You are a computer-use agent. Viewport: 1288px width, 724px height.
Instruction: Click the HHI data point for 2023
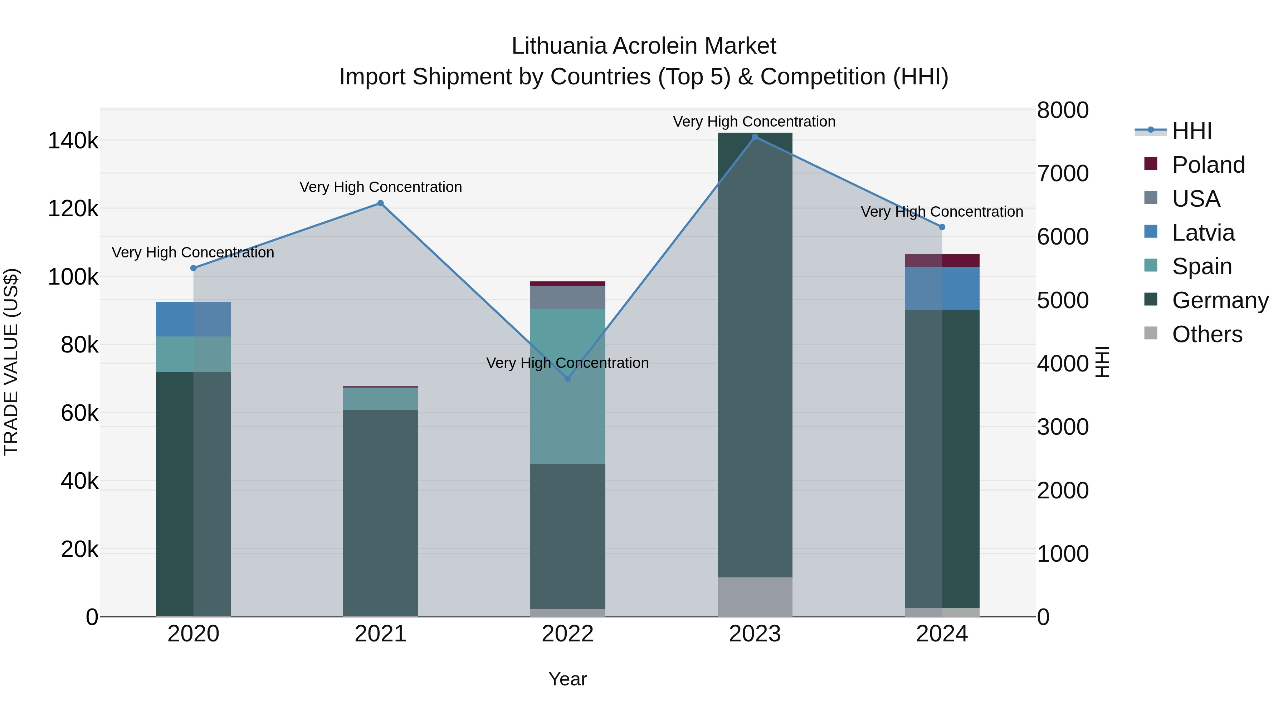click(755, 137)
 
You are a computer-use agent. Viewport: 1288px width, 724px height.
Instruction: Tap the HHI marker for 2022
click(567, 379)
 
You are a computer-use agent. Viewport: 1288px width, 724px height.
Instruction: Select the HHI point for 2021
click(381, 203)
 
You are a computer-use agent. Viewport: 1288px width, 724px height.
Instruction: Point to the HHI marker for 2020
click(194, 268)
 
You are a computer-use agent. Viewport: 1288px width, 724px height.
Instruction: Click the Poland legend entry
click(1208, 165)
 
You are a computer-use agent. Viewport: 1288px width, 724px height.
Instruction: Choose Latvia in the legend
click(1203, 233)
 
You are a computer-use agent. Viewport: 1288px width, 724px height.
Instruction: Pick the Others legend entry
click(1207, 334)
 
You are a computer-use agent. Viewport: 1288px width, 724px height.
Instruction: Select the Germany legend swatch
click(1151, 300)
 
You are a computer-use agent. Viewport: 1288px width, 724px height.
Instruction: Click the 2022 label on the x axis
click(567, 634)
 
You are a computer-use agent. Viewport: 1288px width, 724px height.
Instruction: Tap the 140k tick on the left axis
click(73, 141)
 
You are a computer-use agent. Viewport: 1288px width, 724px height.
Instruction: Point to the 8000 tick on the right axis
click(1063, 110)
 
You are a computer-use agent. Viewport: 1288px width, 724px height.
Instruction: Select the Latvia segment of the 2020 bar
click(194, 319)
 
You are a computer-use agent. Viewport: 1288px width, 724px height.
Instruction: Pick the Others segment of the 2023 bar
click(755, 597)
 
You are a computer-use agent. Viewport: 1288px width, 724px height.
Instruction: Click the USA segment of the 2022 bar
click(567, 297)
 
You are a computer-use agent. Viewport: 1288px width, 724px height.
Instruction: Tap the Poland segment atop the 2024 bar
click(942, 260)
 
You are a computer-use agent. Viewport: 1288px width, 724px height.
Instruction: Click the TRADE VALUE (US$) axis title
click(11, 362)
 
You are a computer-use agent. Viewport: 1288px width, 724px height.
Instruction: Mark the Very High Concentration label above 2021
click(381, 187)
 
